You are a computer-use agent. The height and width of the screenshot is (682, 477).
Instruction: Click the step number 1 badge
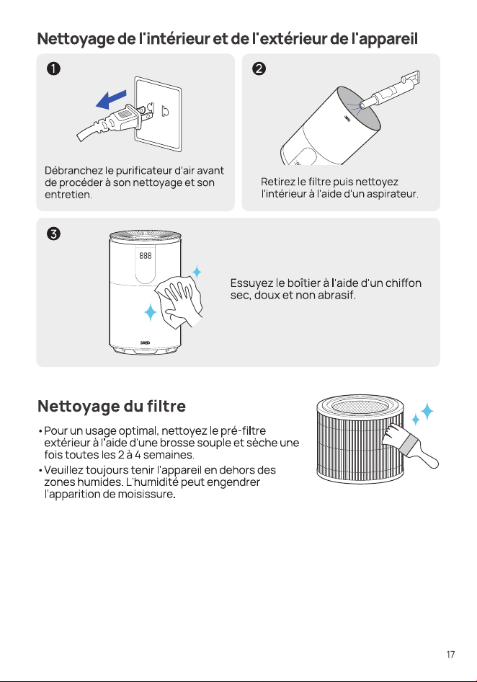(53, 68)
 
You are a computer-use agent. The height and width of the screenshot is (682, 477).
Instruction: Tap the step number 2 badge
(259, 68)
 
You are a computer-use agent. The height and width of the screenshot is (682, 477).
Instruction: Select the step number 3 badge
(53, 234)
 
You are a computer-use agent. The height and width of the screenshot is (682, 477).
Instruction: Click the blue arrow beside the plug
(111, 99)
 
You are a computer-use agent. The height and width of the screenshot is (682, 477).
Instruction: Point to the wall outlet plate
(158, 114)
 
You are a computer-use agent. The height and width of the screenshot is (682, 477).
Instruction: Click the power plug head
(126, 119)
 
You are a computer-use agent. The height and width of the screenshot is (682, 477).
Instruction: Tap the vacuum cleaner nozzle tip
(363, 103)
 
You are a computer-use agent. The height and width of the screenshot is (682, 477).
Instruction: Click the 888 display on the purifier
(146, 255)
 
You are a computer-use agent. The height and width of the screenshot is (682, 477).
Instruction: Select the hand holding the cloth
(183, 301)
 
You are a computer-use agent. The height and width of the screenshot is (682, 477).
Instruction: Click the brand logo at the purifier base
(146, 342)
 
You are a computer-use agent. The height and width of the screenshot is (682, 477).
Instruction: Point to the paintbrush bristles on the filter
(393, 435)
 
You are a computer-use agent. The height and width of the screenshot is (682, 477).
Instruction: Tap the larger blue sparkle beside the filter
(427, 411)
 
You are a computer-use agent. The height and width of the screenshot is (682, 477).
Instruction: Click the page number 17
(450, 654)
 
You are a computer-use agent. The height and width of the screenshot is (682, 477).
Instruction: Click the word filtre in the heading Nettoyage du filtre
(166, 406)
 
